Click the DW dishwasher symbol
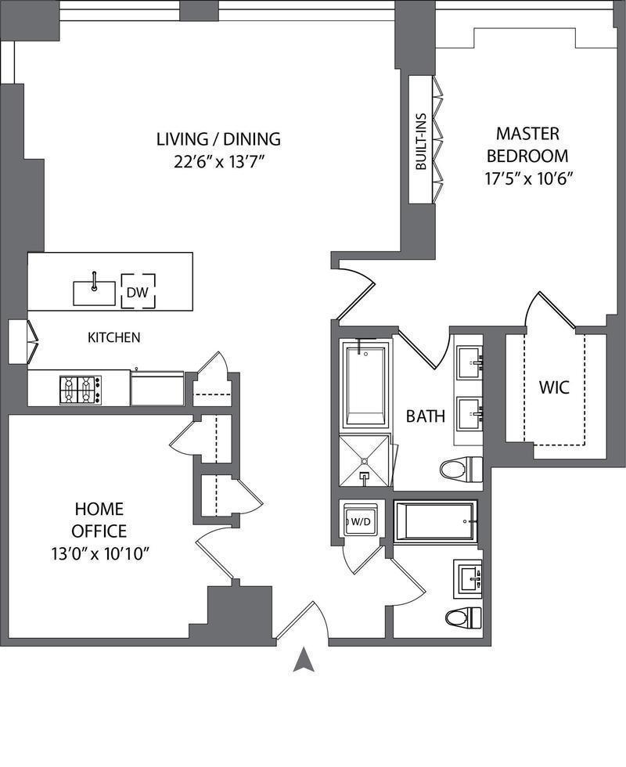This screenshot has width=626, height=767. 139,291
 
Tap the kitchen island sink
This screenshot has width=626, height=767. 95,293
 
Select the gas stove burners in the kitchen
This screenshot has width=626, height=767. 81,390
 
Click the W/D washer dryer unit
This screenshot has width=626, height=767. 361,521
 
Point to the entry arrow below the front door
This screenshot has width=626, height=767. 304,659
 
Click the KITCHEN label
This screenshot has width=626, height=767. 114,337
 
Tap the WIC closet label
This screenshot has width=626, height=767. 554,388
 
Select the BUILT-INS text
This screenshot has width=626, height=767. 421,142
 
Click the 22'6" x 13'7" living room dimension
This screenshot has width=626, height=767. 219,161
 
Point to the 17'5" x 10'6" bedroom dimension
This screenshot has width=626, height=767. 528,178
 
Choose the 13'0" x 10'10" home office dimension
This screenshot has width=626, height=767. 100,554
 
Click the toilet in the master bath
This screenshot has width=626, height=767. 461,470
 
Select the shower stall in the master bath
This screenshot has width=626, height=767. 365,460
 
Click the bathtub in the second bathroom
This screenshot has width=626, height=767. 435,521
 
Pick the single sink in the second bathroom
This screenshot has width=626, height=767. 469,580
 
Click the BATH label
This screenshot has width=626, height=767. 426,416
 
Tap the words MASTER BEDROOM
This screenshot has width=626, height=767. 527,145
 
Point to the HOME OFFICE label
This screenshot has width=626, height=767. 99,520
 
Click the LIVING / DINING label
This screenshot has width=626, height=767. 218,139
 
